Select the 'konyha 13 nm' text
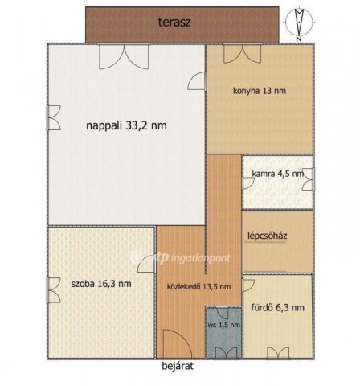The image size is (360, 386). click(259, 91)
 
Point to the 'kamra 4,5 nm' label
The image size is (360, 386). click(277, 173)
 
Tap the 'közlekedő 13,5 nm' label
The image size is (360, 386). click(198, 286)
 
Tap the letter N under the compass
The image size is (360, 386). click(298, 38)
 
